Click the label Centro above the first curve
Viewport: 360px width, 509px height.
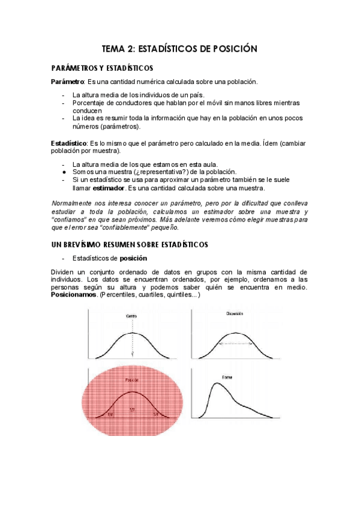pyautogui.click(x=131, y=316)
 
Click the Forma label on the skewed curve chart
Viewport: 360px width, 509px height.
pyautogui.click(x=227, y=377)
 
